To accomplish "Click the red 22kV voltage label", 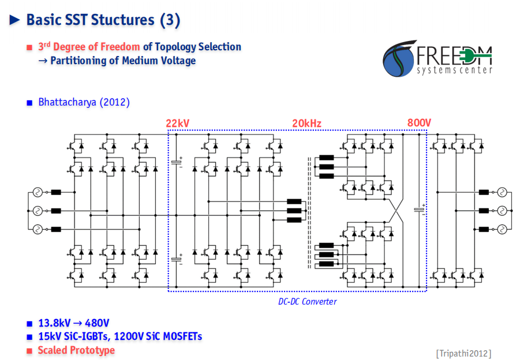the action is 177,123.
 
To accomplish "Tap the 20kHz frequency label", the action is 307,123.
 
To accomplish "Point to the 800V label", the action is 419,123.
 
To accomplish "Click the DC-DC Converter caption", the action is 308,302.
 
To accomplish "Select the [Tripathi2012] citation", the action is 463,353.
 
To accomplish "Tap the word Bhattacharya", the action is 67,102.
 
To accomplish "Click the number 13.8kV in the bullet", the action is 54,323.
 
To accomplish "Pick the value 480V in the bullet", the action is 97,323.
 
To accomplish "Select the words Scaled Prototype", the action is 76,350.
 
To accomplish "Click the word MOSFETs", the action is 182,336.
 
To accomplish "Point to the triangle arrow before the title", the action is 14,20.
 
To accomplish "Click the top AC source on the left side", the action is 38,192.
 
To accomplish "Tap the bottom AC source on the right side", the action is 502,230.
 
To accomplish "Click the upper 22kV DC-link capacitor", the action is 177,162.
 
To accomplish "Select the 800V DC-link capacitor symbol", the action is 420,210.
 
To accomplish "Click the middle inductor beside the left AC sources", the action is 56,211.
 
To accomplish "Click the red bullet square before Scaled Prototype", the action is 29,351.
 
